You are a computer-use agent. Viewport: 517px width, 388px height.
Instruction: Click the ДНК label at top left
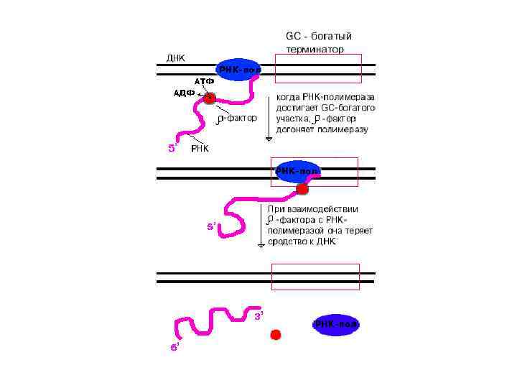[x=176, y=58]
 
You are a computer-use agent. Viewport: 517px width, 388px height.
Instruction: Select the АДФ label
[x=185, y=93]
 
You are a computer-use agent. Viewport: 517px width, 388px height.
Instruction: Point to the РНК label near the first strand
[x=200, y=149]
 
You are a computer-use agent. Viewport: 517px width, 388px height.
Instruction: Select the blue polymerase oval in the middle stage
[x=297, y=172]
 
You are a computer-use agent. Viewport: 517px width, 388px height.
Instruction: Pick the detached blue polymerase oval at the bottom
[x=335, y=325]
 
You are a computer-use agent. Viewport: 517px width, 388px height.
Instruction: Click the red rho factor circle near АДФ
[x=209, y=98]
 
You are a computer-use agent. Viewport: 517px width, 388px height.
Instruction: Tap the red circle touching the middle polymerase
[x=302, y=189]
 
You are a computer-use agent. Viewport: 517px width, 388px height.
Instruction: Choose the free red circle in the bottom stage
[x=275, y=334]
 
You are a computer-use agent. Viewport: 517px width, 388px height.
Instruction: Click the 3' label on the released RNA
[x=259, y=315]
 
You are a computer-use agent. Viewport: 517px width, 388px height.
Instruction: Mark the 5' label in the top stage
[x=172, y=148]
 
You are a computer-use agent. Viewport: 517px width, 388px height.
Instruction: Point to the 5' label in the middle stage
[x=212, y=226]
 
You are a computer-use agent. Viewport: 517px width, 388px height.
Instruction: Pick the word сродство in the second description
[x=287, y=242]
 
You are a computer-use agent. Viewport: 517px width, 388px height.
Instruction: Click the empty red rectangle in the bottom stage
[x=313, y=277]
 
